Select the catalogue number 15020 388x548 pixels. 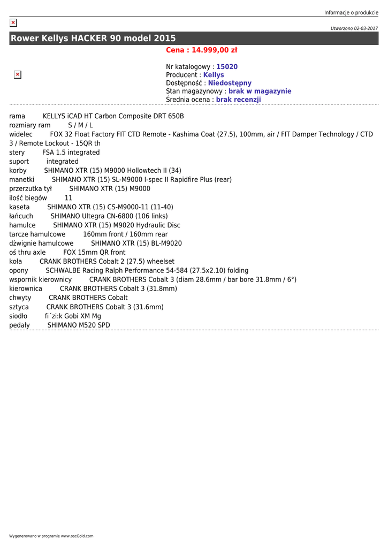pos(227,67)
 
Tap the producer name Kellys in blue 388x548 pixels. pos(214,75)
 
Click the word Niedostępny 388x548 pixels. pos(230,83)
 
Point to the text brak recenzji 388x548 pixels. pos(238,100)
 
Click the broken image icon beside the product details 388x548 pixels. pos(17,75)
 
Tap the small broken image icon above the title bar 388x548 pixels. pos(13,22)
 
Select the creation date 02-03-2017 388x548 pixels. pos(365,28)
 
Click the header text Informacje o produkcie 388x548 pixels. pos(351,13)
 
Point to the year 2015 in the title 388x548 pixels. pos(165,39)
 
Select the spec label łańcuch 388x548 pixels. pos(21,216)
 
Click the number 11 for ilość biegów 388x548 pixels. pos(69,198)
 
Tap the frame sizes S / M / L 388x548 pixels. pos(80,125)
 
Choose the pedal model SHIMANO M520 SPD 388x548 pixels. pos(79,325)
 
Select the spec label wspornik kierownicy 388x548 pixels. pos(40,279)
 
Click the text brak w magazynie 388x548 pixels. pos(260,92)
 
